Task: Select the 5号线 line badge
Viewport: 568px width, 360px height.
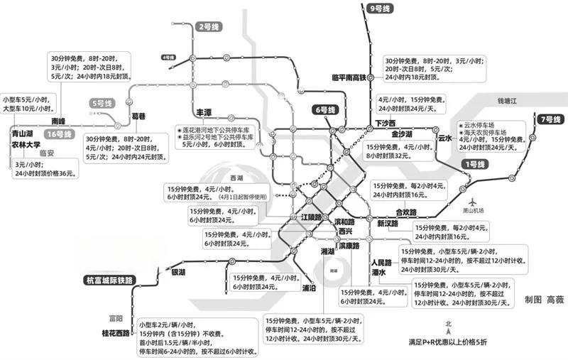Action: tap(102, 104)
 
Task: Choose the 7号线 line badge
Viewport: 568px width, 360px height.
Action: tap(549, 119)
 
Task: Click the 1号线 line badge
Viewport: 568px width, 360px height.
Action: tap(474, 164)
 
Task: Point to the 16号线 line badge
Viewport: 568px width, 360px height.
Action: tap(60, 133)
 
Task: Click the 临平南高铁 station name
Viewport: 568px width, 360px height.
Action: tap(348, 77)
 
